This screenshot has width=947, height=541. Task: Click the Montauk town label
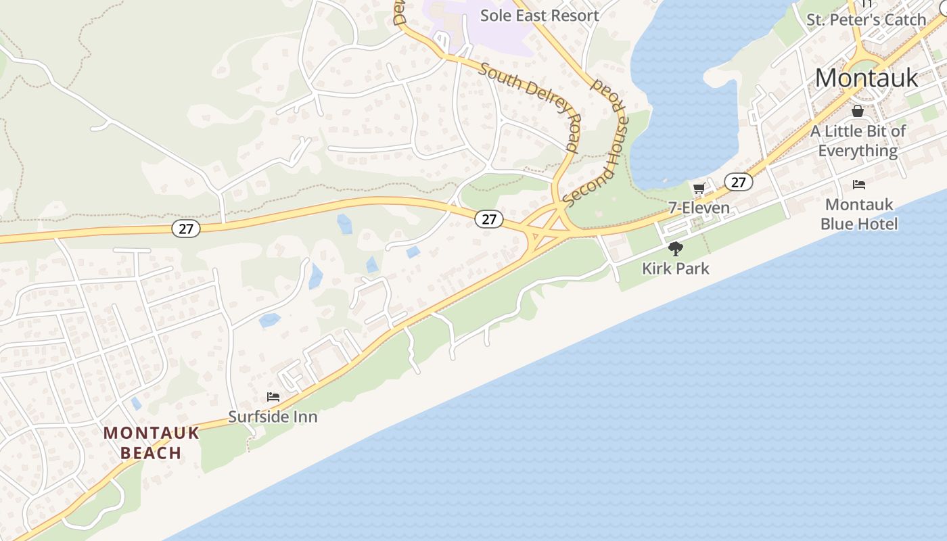click(x=867, y=78)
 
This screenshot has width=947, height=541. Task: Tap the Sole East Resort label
click(x=539, y=15)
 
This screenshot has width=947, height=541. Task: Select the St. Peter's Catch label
click(x=866, y=20)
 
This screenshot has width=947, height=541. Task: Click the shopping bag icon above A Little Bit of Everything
click(x=858, y=111)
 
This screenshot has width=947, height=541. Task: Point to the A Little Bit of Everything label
click(x=858, y=141)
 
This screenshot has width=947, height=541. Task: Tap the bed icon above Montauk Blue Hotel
click(x=859, y=184)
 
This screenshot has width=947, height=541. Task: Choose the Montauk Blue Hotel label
click(x=859, y=214)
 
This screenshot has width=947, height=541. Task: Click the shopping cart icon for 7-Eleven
click(x=699, y=189)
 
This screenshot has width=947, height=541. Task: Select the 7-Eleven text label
click(x=699, y=208)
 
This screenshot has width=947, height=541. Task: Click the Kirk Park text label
click(x=675, y=268)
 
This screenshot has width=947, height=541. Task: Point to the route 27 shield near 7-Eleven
click(x=738, y=182)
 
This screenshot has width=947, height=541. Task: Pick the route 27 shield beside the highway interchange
click(x=488, y=219)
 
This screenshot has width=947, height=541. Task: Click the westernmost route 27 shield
click(x=185, y=229)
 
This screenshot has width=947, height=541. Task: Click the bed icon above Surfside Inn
click(x=273, y=397)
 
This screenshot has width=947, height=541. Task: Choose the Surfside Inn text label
click(x=273, y=417)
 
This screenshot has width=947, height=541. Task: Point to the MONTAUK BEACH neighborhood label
click(x=152, y=443)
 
